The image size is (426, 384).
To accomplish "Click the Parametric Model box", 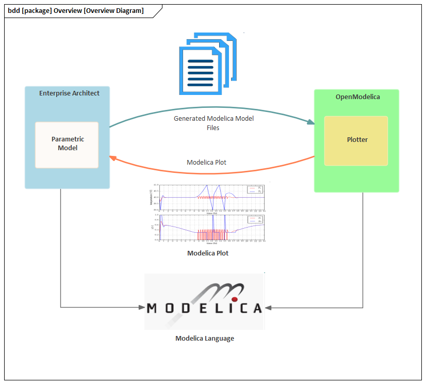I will pos(67,145).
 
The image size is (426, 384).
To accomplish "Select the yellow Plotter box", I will pos(356,140).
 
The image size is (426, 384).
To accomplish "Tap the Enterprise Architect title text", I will pos(69,93).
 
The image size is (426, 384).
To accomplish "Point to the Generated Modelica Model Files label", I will pos(214,123).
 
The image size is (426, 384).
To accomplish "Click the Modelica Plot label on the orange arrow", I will pos(206,162).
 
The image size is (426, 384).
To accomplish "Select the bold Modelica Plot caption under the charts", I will pos(208,253).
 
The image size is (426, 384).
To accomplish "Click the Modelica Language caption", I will pos(205,339).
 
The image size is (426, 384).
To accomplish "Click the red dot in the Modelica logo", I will pos(234,299).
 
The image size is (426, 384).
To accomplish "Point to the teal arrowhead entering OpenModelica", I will pos(311,122).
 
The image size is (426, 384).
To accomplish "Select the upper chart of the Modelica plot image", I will pos(212,197).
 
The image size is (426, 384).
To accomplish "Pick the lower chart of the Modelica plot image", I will pos(212,227).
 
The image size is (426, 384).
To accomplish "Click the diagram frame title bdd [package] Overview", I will pos(76,11).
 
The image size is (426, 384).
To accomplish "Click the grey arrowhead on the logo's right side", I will pos(268,308).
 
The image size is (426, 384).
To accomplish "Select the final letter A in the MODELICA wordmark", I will pos(256,308).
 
